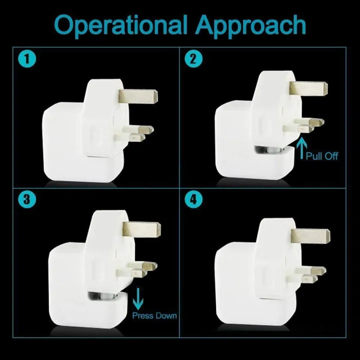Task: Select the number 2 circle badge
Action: coord(192,59)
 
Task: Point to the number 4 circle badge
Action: coord(192,199)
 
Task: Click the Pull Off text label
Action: coord(322,156)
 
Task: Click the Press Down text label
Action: coord(154,315)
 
